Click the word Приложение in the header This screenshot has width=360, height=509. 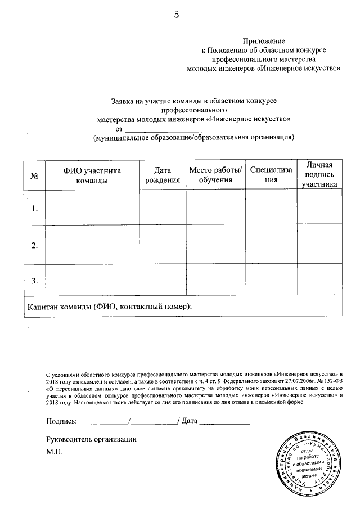[x=264, y=41]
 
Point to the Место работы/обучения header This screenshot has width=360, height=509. [x=215, y=175]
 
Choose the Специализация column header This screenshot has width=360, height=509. [x=272, y=175]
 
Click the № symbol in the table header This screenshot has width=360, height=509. [x=34, y=176]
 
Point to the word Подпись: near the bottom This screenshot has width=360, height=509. [x=60, y=421]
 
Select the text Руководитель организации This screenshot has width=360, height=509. [x=91, y=439]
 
